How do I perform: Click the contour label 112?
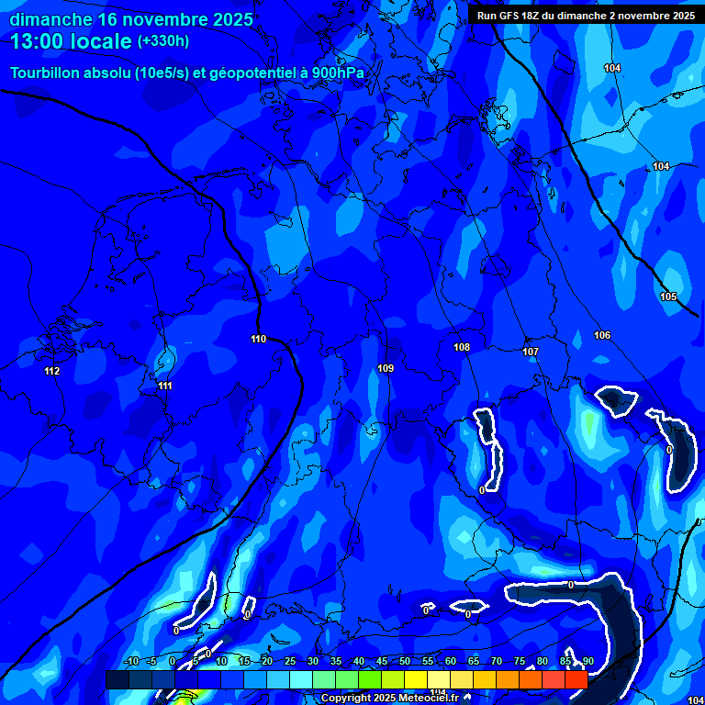[51, 371]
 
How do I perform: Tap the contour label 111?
[165, 386]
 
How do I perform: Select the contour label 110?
[258, 339]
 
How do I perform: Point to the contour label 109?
[386, 368]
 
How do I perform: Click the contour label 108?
[462, 347]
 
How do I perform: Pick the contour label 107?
[531, 352]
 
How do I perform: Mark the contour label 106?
[602, 335]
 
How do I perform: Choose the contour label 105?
[668, 297]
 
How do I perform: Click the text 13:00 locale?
[71, 41]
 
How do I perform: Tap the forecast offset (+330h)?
[163, 41]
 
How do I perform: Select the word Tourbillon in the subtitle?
[49, 73]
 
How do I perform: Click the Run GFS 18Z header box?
[585, 15]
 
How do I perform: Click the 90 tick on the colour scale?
[587, 661]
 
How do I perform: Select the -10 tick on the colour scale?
[131, 661]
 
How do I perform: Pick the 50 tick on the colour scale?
[405, 661]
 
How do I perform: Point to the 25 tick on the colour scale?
[290, 661]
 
